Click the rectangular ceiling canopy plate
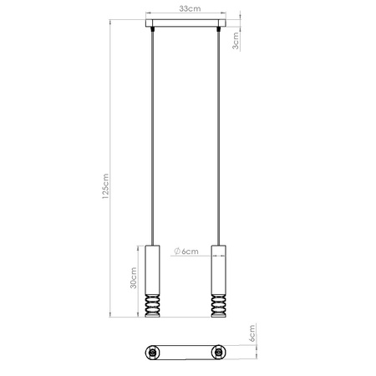pyautogui.click(x=185, y=25)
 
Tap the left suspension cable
pyautogui.click(x=152, y=134)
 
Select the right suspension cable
pyautogui.click(x=220, y=134)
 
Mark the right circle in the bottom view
pyautogui.click(x=219, y=353)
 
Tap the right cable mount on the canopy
pyautogui.click(x=220, y=31)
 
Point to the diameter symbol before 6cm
pyautogui.click(x=179, y=252)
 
